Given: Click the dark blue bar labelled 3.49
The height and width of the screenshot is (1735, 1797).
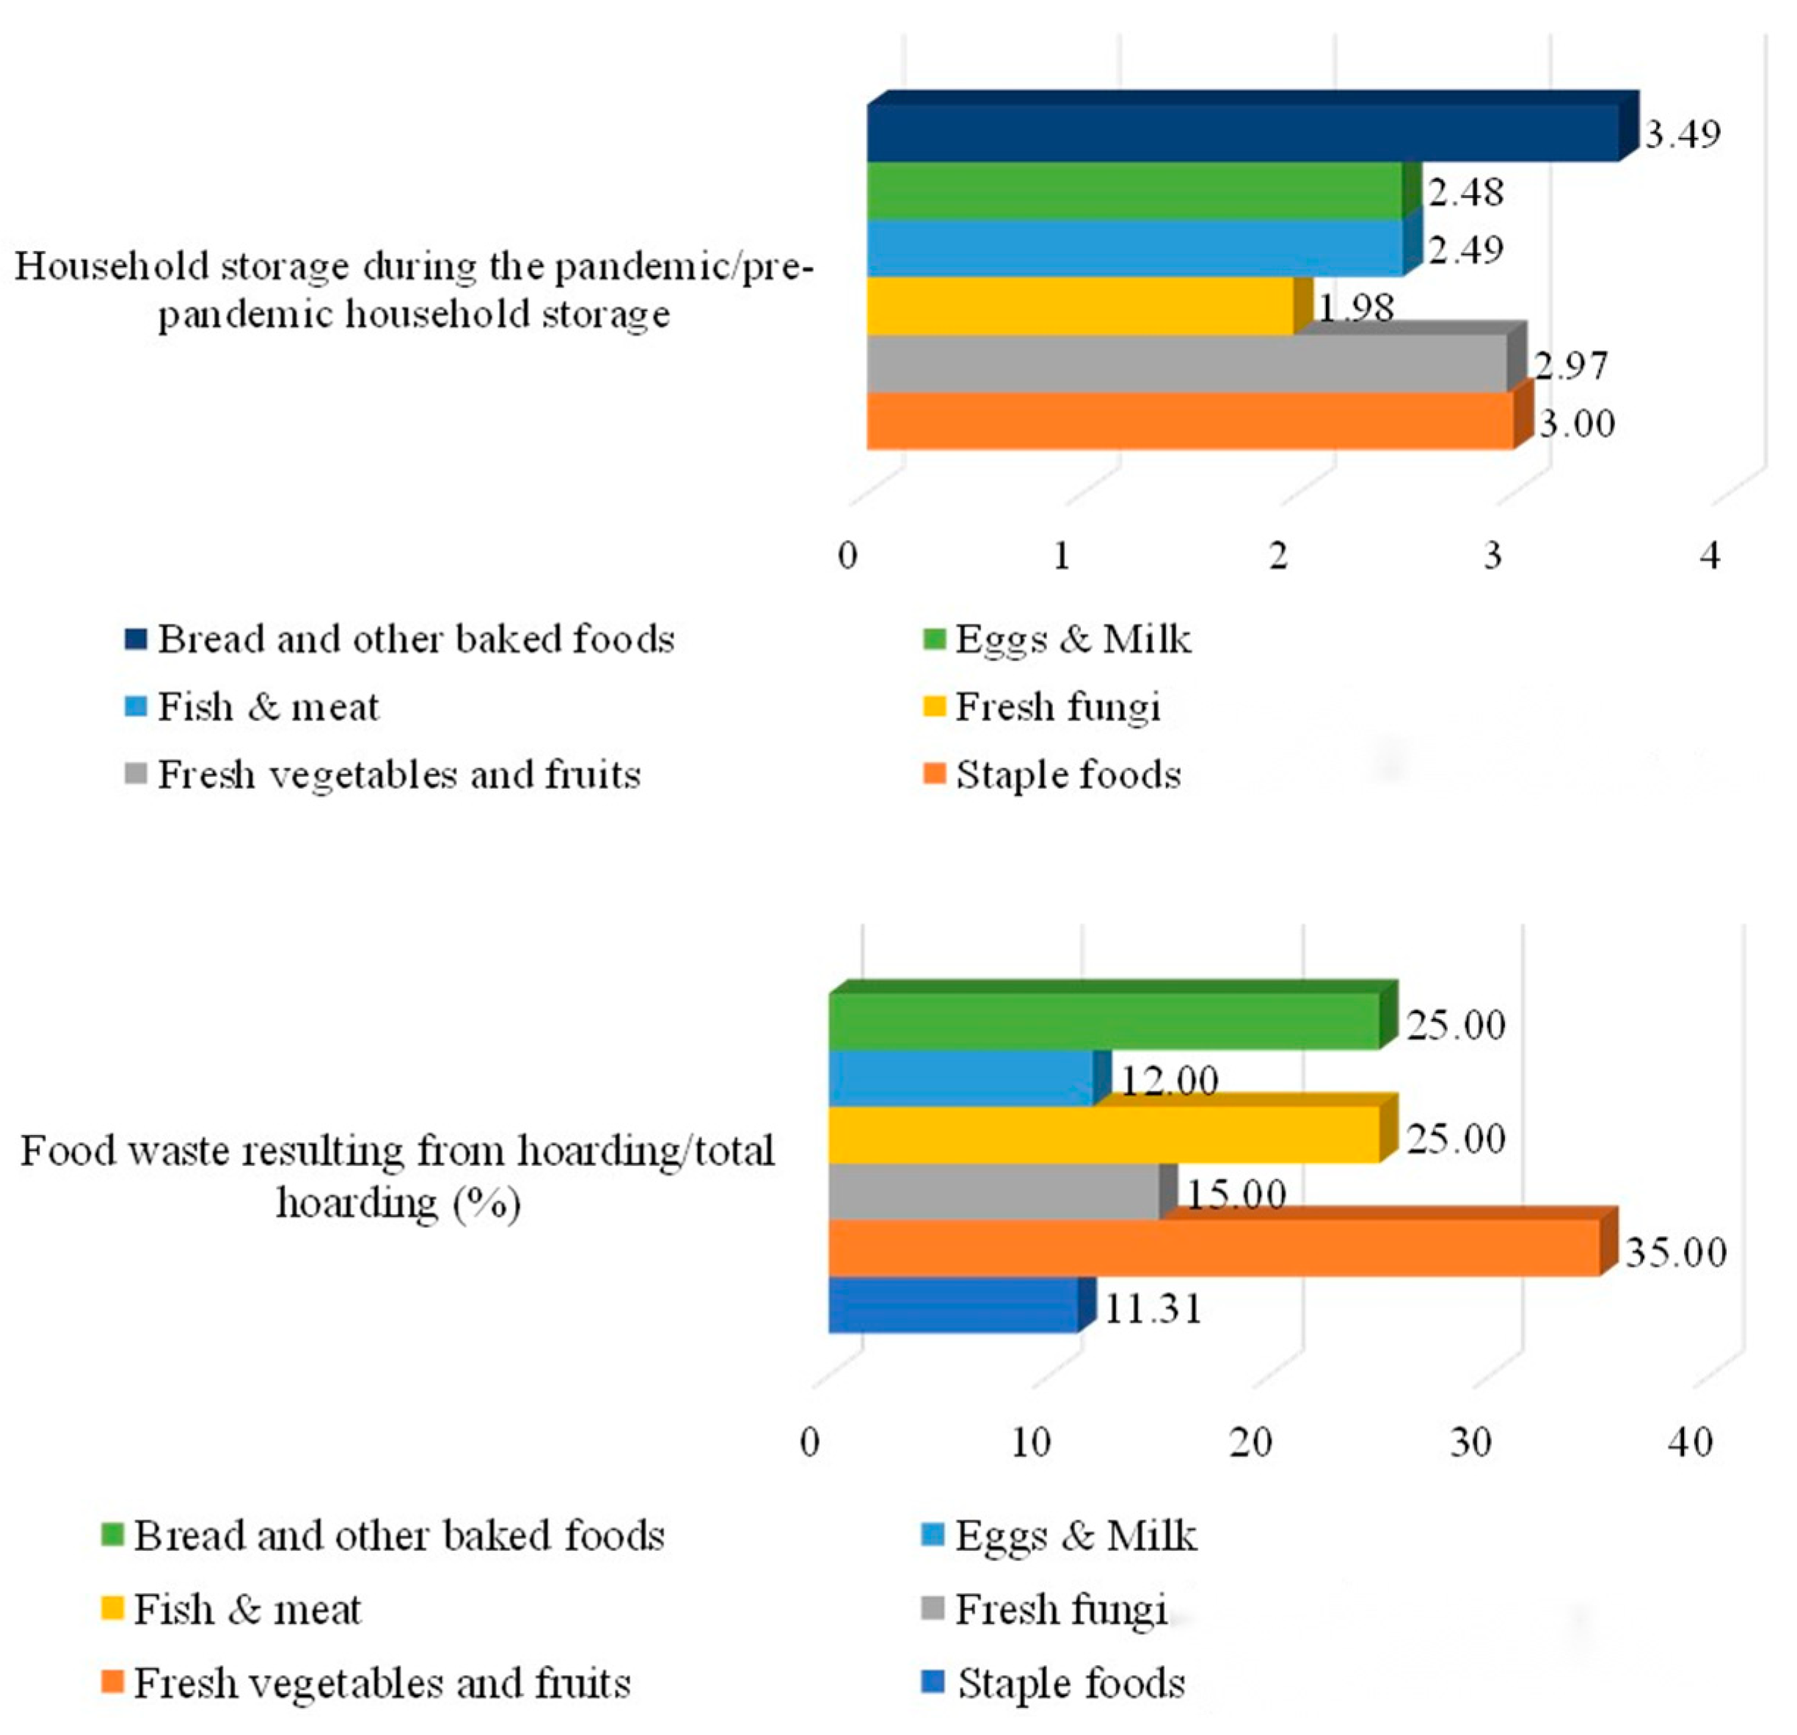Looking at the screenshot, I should [1242, 133].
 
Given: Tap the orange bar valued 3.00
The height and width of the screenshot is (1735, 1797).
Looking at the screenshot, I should [1189, 422].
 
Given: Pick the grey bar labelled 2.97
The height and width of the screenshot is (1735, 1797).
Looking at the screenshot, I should [1187, 364].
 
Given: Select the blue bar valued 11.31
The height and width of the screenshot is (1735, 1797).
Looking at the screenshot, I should [953, 1305].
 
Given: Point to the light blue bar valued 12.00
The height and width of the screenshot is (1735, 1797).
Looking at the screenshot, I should [961, 1078].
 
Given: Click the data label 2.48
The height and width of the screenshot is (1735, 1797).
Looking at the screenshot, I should [1466, 192].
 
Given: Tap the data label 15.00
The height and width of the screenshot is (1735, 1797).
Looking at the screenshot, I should [1237, 1194].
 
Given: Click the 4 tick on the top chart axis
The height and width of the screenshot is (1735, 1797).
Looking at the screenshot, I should [1709, 555].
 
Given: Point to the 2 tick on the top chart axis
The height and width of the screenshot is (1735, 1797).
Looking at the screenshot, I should [1278, 555].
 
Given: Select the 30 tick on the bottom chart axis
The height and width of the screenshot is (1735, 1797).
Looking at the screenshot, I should [1470, 1442].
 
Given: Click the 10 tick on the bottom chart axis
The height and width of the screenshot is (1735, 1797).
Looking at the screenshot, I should [1030, 1442].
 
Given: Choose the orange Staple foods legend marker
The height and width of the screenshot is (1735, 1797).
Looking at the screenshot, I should [933, 775].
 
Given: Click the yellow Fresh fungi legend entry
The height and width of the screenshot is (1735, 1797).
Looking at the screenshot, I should [1057, 706].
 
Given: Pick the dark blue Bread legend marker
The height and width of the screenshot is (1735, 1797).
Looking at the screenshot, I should [136, 640].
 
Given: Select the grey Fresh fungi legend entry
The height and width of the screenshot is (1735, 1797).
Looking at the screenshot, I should [1060, 1609].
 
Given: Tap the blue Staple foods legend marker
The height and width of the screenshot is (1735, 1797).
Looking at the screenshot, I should [933, 1683].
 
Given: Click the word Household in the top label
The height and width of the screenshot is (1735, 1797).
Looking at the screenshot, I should [88, 267].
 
